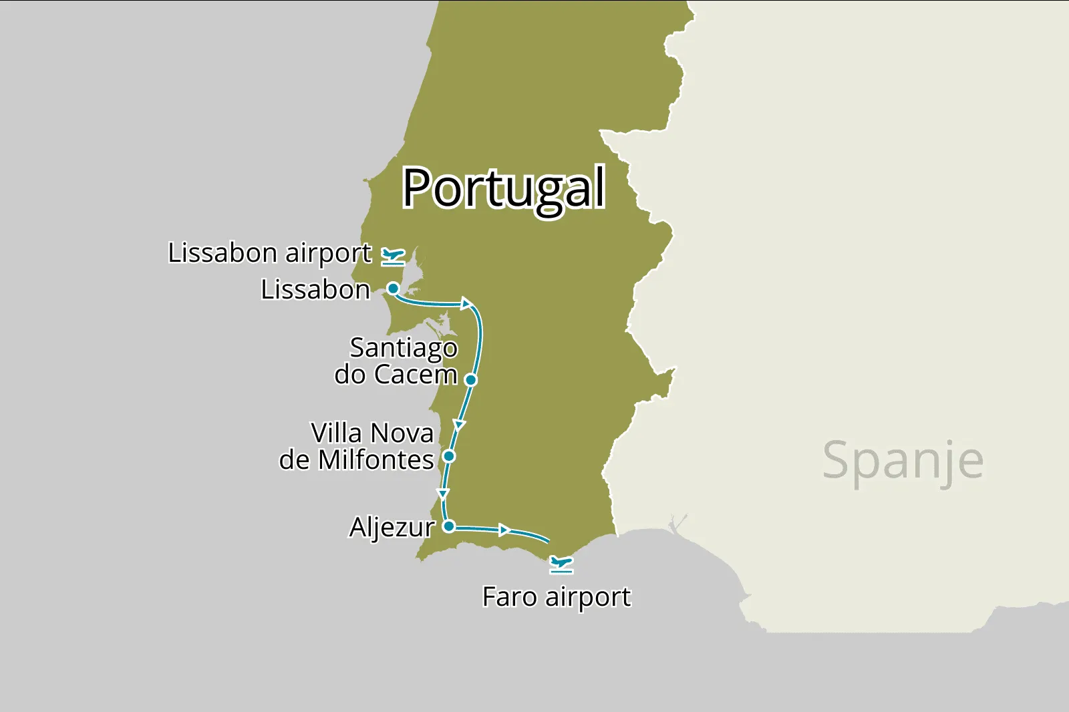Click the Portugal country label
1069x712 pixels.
pyautogui.click(x=504, y=188)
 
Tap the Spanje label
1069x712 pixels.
pyautogui.click(x=903, y=460)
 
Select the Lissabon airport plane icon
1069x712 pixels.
pyautogui.click(x=393, y=256)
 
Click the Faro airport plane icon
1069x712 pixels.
pyautogui.click(x=561, y=564)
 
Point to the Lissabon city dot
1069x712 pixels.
pyautogui.click(x=394, y=289)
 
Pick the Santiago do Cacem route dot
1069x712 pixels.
pyautogui.click(x=470, y=380)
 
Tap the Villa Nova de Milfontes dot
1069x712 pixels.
pyautogui.click(x=449, y=456)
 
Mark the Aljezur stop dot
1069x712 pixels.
pyautogui.click(x=449, y=526)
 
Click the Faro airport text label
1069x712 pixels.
pyautogui.click(x=556, y=596)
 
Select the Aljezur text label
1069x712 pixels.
pyautogui.click(x=392, y=528)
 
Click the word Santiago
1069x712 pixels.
pyautogui.click(x=404, y=348)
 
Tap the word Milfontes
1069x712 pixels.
pyautogui.click(x=376, y=460)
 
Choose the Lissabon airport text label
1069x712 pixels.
pyautogui.click(x=269, y=253)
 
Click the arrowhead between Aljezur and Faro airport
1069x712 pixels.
pyautogui.click(x=505, y=530)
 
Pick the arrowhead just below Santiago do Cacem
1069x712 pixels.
pyautogui.click(x=459, y=425)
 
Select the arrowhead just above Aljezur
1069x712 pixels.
pyautogui.click(x=442, y=494)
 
